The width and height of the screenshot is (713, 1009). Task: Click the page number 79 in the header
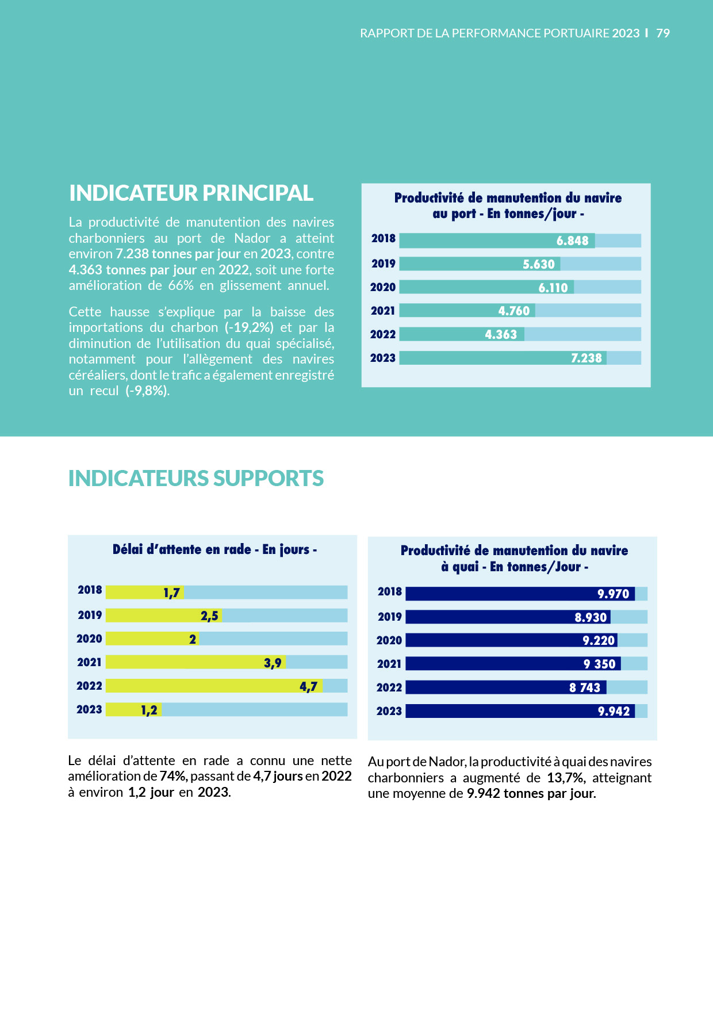663,33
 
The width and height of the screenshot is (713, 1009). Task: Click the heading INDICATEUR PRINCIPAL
191,193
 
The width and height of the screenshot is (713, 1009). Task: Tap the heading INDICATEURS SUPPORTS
195,479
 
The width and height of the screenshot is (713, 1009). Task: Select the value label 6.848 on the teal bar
572,241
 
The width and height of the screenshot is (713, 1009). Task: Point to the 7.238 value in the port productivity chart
586,358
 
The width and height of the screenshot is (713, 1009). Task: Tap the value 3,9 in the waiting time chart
273,663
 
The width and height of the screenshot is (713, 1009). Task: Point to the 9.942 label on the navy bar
614,711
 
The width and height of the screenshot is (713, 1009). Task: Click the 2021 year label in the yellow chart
89,662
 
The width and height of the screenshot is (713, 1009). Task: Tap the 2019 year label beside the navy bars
389,617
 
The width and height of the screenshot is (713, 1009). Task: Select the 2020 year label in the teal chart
383,287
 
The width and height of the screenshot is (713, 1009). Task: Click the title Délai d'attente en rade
214,549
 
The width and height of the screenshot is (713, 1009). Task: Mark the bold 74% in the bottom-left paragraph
173,776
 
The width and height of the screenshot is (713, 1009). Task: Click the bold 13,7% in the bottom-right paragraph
565,778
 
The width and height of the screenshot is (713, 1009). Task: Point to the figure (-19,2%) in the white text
249,327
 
